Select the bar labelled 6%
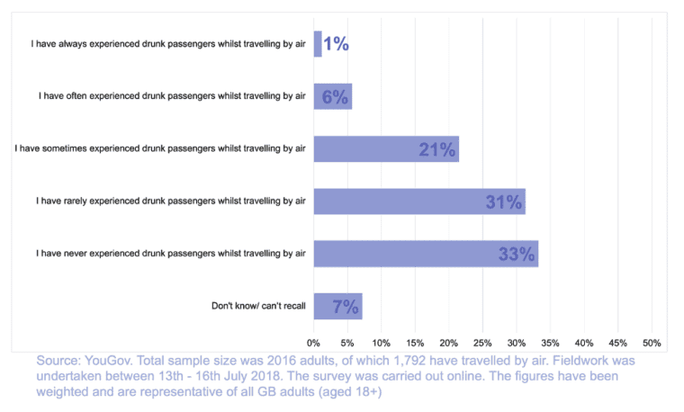click(x=333, y=96)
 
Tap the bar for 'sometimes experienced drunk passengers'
click(x=386, y=149)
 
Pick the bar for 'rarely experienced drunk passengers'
click(x=419, y=202)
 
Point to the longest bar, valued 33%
click(x=426, y=254)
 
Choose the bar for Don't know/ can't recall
click(x=337, y=307)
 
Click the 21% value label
click(x=436, y=149)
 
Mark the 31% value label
click(x=503, y=202)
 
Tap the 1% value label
click(x=336, y=43)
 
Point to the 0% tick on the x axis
click(x=314, y=343)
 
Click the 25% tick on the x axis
click(x=482, y=343)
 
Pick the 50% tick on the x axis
click(x=652, y=343)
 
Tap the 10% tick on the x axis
click(x=381, y=343)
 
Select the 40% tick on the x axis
click(x=584, y=343)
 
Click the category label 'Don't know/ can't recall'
click(x=258, y=307)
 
